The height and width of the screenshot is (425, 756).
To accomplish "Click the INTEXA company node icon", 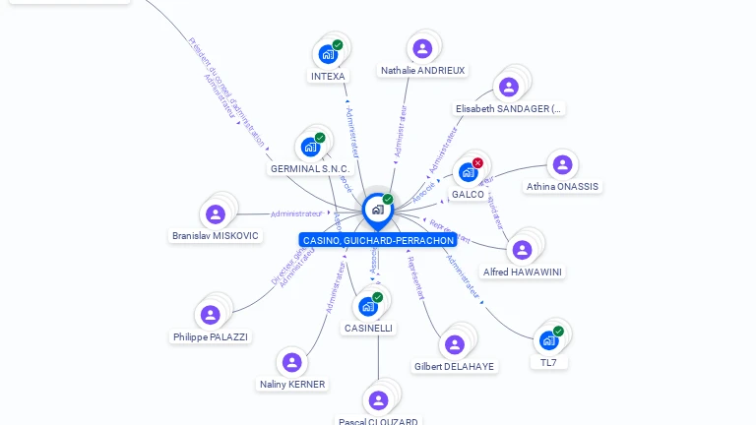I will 328,54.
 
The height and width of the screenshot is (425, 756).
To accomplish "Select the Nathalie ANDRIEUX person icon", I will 422,48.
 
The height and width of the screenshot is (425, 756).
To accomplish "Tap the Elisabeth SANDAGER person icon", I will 508,87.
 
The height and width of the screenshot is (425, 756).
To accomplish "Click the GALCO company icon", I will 469,172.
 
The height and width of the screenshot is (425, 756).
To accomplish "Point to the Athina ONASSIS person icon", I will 562,164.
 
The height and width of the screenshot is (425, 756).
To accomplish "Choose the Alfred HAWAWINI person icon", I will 523,249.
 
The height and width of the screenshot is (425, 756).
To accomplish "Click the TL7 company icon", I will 548,340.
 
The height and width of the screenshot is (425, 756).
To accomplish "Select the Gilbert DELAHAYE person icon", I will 454,344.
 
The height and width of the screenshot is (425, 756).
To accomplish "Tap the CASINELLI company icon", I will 368,306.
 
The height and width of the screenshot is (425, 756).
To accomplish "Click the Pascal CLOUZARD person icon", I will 378,399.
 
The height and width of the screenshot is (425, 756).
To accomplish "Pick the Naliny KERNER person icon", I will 291,362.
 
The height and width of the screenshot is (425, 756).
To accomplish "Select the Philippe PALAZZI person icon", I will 210,315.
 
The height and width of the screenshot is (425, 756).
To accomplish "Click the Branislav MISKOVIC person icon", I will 215,213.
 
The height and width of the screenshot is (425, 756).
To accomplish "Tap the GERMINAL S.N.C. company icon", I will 310,148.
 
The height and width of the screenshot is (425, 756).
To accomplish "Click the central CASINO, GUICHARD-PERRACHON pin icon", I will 377,210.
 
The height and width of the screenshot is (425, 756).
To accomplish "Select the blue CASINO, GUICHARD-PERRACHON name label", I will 378,240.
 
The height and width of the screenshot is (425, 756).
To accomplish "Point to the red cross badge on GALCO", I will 478,162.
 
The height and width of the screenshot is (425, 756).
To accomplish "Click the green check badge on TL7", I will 558,332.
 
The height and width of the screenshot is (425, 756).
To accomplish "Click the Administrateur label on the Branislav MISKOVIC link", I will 296,213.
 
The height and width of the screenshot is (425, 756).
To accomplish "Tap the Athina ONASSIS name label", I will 562,186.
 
